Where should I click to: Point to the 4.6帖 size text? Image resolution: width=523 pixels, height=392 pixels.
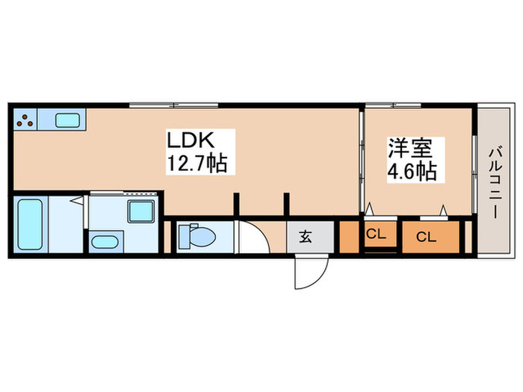[x=411, y=170]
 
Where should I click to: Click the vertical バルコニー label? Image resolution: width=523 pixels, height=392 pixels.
[x=494, y=182]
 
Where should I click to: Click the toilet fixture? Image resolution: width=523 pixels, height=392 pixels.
[x=197, y=237]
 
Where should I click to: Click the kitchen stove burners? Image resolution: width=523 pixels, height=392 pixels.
[x=25, y=119]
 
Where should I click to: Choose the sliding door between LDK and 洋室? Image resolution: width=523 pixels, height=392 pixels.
[x=362, y=161]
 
